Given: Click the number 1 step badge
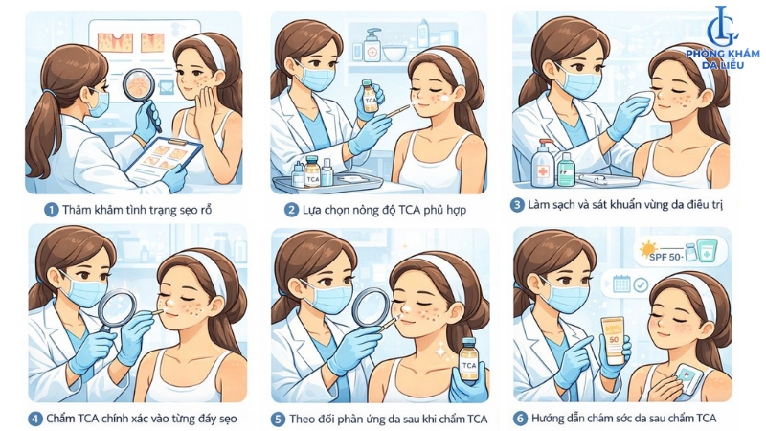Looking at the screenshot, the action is click(51, 210).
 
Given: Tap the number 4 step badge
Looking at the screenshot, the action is click(34, 419).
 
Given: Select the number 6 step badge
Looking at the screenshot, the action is click(520, 419).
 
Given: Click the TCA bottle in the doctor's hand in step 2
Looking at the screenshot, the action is click(371, 97).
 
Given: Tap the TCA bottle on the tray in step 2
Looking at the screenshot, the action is click(312, 172).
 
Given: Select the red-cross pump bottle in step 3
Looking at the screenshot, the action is click(543, 163).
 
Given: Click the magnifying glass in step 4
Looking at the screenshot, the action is click(116, 309).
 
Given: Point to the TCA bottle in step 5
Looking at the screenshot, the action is click(468, 359).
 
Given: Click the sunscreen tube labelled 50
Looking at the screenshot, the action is click(613, 341).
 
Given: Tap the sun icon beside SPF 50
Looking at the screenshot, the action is click(648, 250).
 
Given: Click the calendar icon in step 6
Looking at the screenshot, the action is click(621, 284).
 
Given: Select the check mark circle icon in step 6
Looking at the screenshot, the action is click(641, 284).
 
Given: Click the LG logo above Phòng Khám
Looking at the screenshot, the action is click(723, 27).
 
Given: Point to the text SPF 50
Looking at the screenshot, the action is click(665, 256).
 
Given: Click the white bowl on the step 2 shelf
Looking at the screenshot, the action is click(394, 53).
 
